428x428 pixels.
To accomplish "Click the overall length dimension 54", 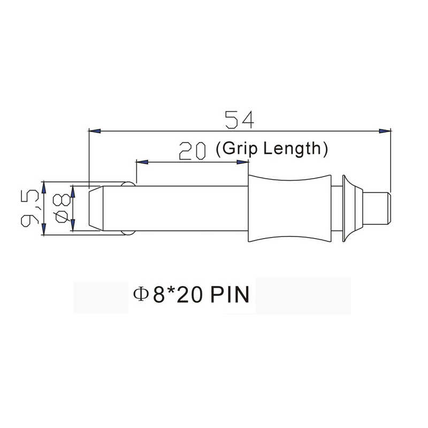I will click(239, 120).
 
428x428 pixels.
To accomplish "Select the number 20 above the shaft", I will click(193, 151).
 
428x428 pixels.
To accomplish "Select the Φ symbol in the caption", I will click(140, 295).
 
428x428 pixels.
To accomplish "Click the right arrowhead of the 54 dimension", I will click(385, 131).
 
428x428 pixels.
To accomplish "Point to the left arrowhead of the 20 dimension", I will click(142, 162).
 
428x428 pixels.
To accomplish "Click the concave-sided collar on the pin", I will click(290, 209).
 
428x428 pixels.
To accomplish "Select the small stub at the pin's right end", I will click(378, 209).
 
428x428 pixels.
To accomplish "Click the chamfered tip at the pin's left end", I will click(95, 209).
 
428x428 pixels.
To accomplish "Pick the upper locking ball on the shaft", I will click(128, 185).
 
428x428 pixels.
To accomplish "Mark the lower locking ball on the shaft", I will click(128, 232).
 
